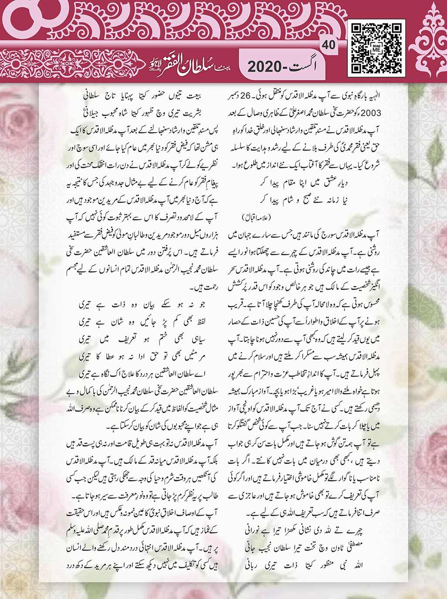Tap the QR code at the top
(376, 47)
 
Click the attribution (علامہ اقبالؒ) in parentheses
(256, 217)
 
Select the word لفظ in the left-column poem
(199, 322)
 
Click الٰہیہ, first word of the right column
(372, 96)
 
